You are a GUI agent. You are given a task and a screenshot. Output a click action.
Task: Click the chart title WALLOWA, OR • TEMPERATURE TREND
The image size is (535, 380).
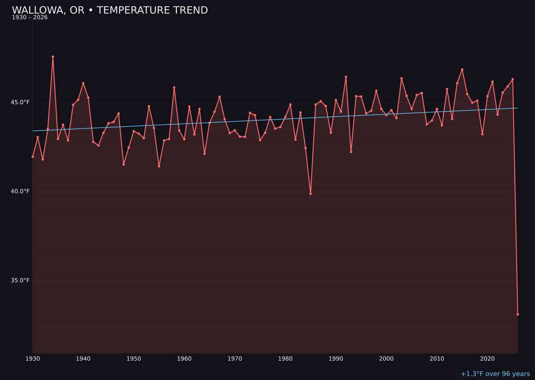(109, 10)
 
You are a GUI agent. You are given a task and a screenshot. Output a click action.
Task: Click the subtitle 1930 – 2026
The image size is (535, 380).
(30, 18)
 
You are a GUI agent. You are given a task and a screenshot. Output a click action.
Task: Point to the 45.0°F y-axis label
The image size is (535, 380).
(20, 102)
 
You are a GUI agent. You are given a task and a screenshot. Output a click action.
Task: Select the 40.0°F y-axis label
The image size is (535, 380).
(20, 191)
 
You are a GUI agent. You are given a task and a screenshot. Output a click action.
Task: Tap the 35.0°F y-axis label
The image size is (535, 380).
(20, 281)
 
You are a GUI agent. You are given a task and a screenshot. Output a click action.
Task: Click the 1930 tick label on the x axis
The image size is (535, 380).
(33, 359)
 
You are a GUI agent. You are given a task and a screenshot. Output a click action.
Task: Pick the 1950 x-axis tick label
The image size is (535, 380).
(134, 359)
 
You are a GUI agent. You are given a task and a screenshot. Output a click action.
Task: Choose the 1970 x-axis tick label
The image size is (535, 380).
(235, 359)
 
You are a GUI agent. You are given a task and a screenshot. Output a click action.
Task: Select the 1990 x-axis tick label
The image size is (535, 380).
(336, 359)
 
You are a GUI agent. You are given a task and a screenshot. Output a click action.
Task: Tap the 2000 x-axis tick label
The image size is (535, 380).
(386, 359)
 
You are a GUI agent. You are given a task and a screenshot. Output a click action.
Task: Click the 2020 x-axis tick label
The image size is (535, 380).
(487, 359)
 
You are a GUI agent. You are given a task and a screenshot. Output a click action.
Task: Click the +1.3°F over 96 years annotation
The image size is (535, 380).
(495, 374)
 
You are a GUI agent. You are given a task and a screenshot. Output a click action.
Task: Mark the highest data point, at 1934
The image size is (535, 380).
(53, 57)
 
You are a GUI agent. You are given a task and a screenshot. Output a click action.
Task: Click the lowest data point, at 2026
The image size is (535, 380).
(518, 314)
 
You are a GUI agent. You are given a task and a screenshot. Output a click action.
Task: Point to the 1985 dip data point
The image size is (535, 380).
(311, 193)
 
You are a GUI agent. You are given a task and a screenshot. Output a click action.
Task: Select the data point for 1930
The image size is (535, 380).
(33, 157)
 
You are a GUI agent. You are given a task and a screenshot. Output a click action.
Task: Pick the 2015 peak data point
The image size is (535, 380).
(462, 70)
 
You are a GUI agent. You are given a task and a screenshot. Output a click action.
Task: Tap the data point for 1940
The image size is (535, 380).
(83, 83)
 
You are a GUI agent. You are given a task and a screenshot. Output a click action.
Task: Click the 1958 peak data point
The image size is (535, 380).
(174, 88)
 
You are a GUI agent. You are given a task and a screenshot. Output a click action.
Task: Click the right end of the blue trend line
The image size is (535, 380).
(518, 108)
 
